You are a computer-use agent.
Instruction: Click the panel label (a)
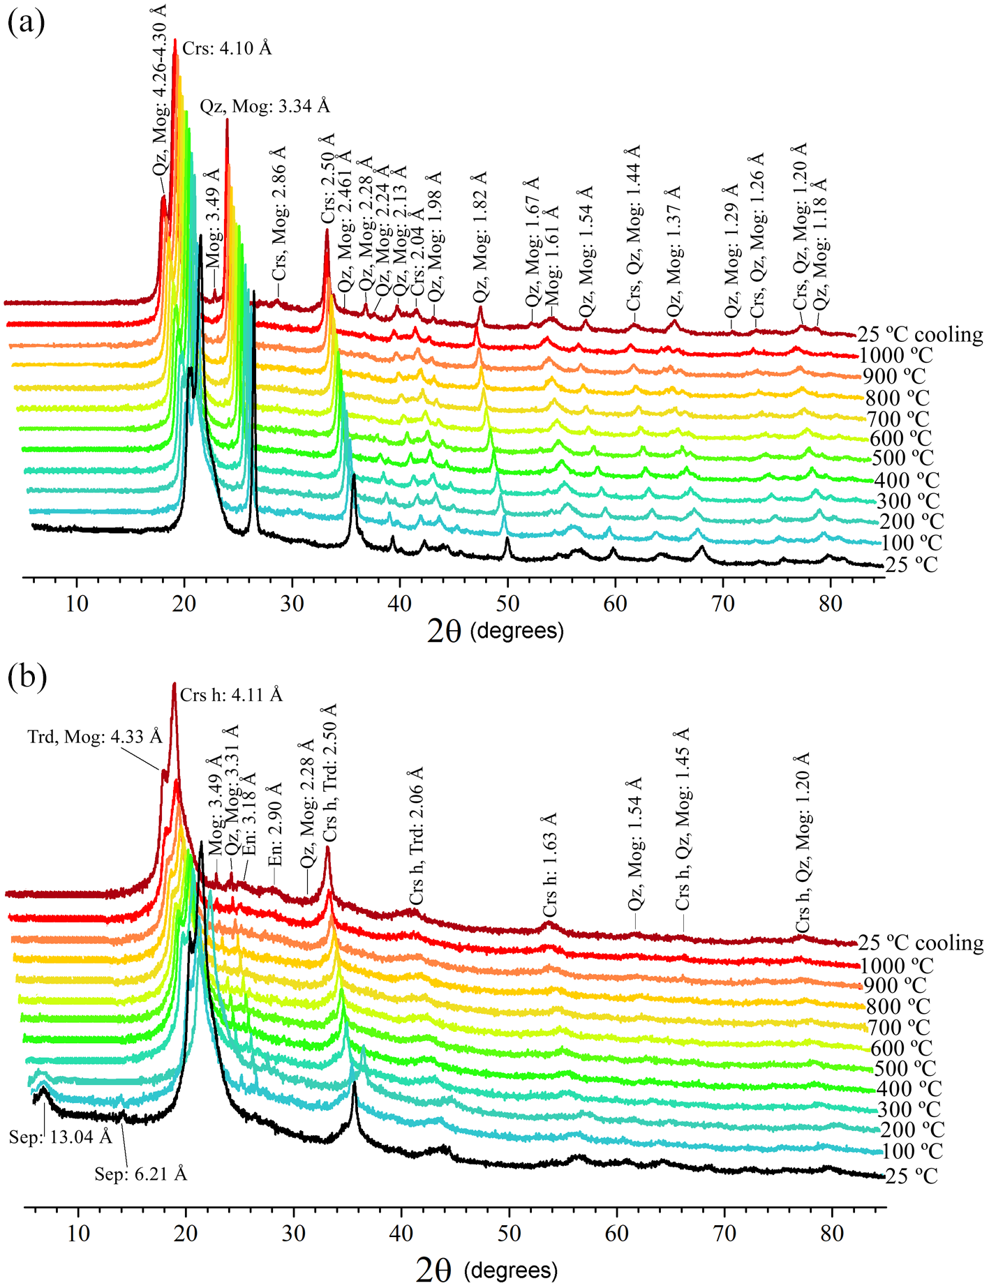point(26,22)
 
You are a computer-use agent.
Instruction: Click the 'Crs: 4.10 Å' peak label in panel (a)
point(227,48)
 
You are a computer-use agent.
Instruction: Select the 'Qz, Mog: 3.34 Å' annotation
point(265,106)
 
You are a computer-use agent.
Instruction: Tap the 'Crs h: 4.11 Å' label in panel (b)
point(231,695)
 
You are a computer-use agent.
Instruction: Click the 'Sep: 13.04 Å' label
point(60,1137)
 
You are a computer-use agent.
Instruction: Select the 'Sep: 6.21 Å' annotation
point(141,1174)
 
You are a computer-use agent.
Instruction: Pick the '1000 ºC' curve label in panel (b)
point(897,966)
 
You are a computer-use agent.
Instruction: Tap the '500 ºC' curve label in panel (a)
point(902,458)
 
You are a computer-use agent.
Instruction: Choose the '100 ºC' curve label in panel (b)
point(912,1151)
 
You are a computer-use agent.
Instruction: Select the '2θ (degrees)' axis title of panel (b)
point(486,1270)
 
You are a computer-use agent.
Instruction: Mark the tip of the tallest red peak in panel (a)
point(174,40)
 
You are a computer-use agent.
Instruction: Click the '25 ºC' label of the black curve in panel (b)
point(912,1176)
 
